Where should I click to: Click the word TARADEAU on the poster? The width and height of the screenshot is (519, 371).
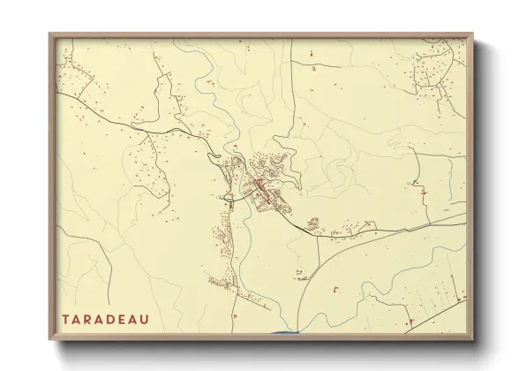click(x=105, y=318)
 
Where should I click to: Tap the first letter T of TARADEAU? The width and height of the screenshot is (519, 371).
click(x=66, y=318)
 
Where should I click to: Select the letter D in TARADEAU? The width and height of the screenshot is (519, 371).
click(x=110, y=318)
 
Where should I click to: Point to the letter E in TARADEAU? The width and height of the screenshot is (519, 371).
click(x=122, y=318)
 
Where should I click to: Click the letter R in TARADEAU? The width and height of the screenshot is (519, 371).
click(x=88, y=318)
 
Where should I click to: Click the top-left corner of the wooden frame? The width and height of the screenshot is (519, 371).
click(x=49, y=34)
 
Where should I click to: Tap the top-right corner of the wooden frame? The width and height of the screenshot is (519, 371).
click(x=474, y=34)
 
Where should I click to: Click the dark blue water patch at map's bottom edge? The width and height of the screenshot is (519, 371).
click(x=284, y=332)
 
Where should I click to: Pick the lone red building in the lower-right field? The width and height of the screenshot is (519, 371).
click(x=337, y=289)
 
